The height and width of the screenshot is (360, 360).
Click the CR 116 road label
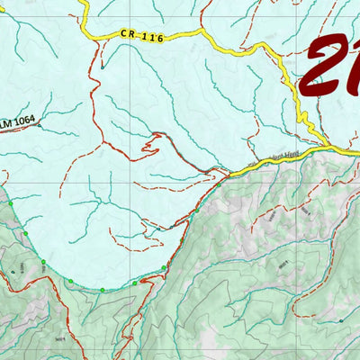tap(142, 36)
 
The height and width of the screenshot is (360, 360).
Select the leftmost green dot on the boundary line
tap(12, 205)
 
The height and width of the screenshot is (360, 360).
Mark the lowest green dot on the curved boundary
tap(102, 290)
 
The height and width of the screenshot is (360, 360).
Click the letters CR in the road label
tap(128, 34)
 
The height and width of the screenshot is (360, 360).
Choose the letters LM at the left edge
tap(6, 121)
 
